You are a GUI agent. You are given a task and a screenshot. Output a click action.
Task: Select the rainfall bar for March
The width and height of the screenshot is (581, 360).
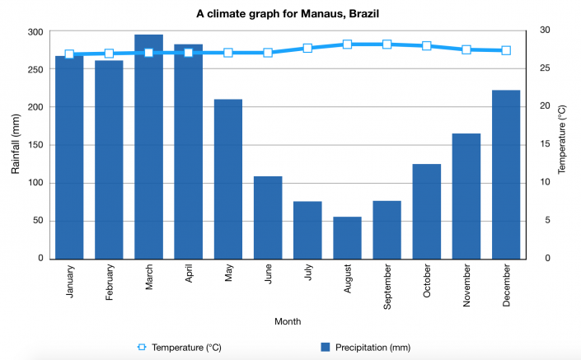coord(148,148)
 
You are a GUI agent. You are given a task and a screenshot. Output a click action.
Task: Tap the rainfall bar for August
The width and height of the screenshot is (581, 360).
coord(347,238)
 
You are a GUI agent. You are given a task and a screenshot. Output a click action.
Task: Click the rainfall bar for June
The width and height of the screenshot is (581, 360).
coord(268,217)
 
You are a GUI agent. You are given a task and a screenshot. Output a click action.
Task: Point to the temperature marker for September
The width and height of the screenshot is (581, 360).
coord(387,44)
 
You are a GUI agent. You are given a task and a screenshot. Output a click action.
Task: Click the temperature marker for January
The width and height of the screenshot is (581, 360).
coord(69,54)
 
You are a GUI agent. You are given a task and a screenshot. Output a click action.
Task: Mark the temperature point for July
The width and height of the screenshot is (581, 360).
coord(307,48)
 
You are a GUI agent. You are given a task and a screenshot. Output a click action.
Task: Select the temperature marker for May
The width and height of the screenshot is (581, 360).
coord(228,53)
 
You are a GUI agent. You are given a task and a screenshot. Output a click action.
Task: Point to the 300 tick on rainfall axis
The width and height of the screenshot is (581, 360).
coord(35,31)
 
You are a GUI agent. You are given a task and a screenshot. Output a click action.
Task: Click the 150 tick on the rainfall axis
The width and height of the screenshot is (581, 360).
coord(35,145)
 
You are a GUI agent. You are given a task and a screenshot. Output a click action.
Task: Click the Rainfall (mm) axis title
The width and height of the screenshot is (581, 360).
coord(16,145)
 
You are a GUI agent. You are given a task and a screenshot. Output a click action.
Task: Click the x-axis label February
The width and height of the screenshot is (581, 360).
coord(110,283)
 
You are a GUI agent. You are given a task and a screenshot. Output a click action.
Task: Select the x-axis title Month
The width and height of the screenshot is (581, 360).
coord(288,321)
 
